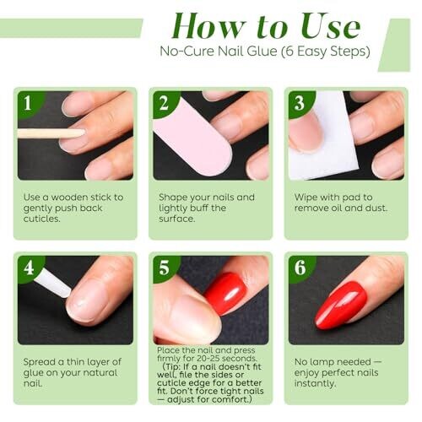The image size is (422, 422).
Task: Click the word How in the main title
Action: (x=208, y=26)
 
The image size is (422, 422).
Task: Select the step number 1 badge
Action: (x=29, y=104)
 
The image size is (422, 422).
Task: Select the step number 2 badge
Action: (x=165, y=104)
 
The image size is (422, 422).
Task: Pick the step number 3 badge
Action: (x=300, y=104)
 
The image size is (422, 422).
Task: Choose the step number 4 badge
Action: (x=29, y=268)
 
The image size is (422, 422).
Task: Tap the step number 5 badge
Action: (x=165, y=268)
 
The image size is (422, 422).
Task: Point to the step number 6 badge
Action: (x=300, y=268)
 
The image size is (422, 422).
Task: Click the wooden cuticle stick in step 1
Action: (x=51, y=133)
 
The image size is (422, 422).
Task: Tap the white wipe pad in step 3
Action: (x=323, y=141)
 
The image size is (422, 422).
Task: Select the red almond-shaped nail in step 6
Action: (x=341, y=305)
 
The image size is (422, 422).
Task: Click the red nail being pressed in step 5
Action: (x=225, y=293)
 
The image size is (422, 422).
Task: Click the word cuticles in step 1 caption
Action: (x=42, y=219)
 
